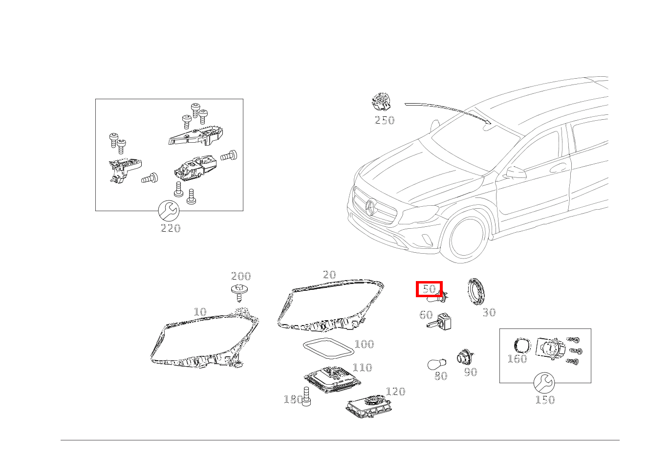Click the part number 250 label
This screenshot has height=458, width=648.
click(x=384, y=120)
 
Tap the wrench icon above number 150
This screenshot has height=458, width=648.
click(x=544, y=383)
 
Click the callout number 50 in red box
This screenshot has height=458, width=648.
click(x=429, y=289)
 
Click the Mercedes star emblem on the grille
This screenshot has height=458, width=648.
click(x=370, y=208)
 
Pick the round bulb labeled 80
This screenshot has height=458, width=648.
click(x=436, y=365)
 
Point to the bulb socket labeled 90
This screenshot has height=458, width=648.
click(x=464, y=357)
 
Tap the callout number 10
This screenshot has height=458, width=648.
click(x=200, y=312)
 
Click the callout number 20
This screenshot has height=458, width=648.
click(x=329, y=275)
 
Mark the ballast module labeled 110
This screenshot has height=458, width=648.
click(x=331, y=379)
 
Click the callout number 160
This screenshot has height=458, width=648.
click(x=517, y=359)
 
